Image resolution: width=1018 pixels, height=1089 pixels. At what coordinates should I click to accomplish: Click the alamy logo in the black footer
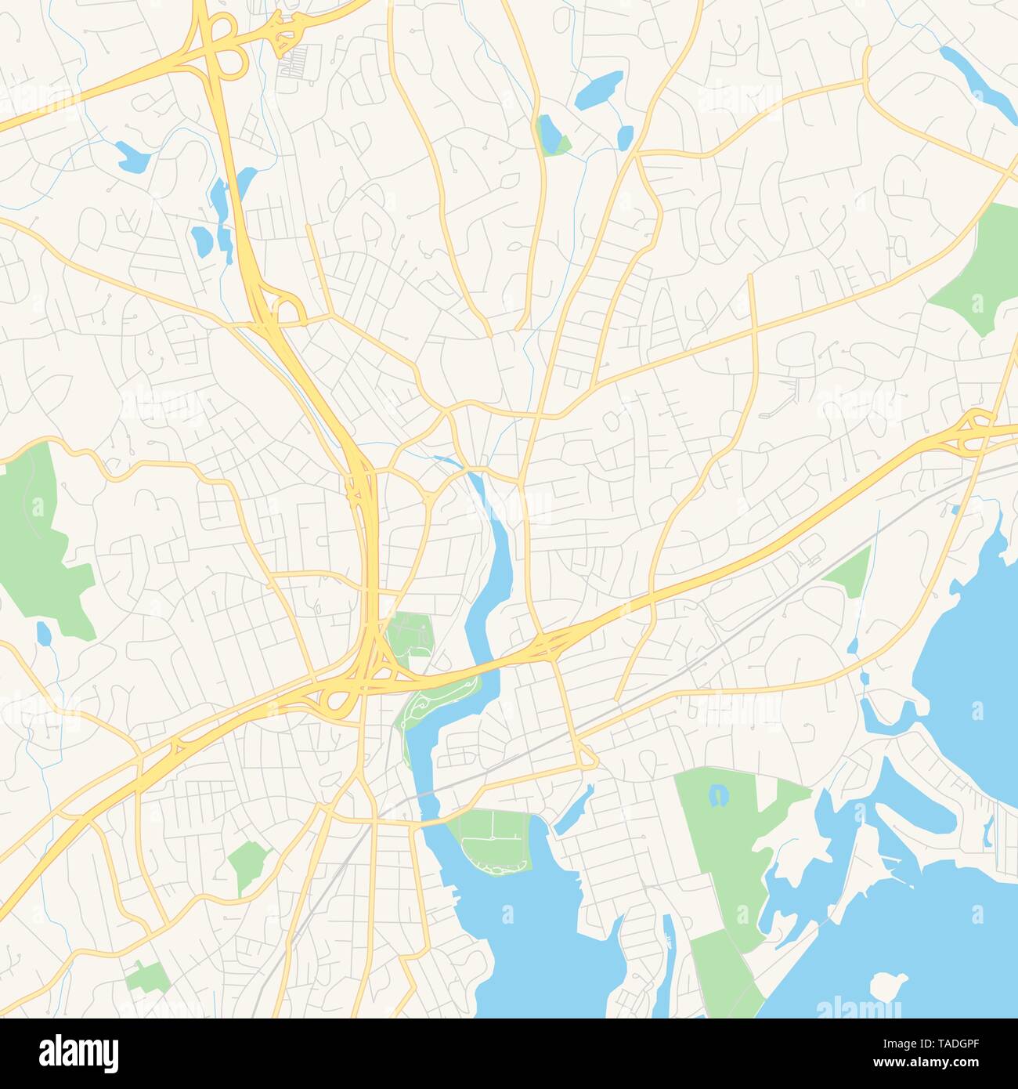78,1052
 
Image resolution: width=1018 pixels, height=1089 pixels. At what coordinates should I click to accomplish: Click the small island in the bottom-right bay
887,985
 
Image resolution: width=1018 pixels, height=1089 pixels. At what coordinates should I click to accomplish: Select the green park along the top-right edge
973,266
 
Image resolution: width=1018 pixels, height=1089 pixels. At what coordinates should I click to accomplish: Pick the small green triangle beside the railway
850,573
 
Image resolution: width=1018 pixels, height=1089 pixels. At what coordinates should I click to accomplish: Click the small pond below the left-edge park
44,632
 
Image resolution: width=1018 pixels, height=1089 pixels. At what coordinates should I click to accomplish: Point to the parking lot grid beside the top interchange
301,61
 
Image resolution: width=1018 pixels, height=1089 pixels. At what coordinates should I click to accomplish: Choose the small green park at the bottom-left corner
146,975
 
